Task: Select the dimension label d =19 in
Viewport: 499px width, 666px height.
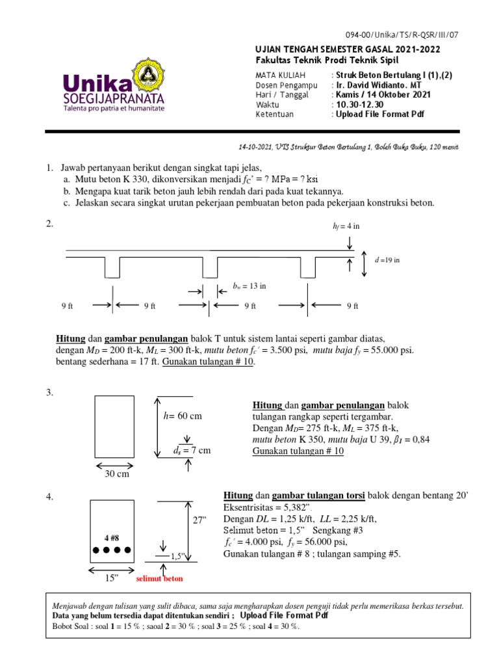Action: [387, 260]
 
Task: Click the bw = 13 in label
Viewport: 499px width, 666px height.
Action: [249, 285]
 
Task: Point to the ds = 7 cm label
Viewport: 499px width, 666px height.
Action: [192, 450]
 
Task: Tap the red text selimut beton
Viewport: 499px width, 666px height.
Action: [160, 578]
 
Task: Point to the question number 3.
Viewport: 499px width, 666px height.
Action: [49, 392]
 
